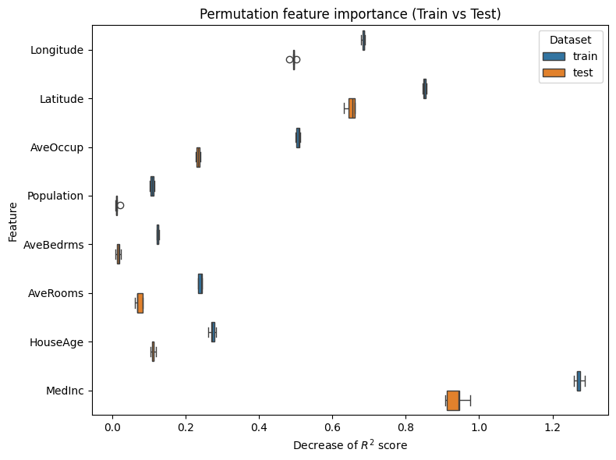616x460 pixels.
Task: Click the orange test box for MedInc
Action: tap(453, 400)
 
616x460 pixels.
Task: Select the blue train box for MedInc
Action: tap(579, 380)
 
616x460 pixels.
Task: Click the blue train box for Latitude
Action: tap(425, 89)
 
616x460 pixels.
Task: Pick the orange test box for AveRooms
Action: tap(140, 303)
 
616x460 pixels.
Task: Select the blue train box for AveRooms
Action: tap(200, 284)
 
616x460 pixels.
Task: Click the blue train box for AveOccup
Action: tap(298, 138)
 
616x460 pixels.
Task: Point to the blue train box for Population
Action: tap(152, 186)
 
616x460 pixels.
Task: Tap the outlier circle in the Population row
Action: tap(120, 206)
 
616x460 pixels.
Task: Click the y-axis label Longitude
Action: tap(56, 51)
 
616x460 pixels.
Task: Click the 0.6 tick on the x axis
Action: tap(332, 427)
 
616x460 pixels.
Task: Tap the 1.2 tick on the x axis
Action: tap(553, 427)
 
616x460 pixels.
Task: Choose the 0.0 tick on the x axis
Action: tap(112, 427)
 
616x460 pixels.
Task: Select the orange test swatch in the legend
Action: tap(554, 73)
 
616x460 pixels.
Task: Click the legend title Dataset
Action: tap(570, 39)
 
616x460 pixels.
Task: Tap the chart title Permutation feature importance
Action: tap(350, 14)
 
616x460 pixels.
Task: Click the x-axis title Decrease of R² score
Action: tap(350, 445)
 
